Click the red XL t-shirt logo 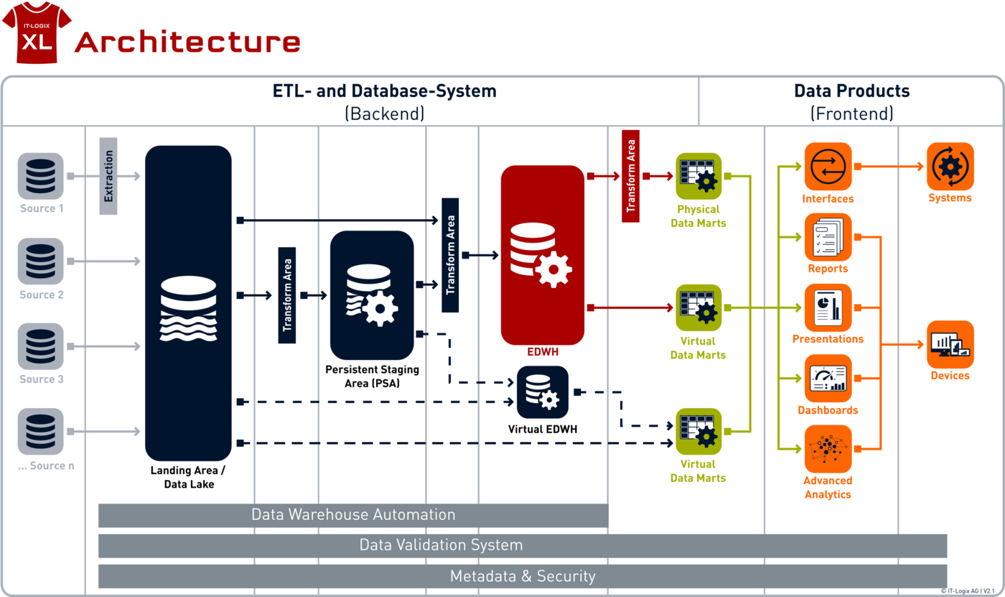37,32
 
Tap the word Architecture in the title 187,42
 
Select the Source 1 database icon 40,176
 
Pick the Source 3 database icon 40,346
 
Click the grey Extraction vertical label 108,176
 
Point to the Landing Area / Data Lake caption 188,477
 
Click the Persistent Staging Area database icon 372,295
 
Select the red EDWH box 543,255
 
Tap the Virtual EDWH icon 543,392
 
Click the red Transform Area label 630,176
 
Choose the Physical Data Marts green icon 698,176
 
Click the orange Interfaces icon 828,167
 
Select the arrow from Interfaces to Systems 889,167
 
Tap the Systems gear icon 950,167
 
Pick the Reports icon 828,237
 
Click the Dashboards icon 828,379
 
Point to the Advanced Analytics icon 828,449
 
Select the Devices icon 950,344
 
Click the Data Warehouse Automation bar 353,515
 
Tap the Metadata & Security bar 523,576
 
